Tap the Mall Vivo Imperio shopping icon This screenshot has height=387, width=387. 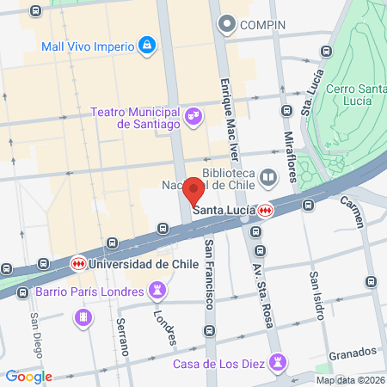click(x=147, y=44)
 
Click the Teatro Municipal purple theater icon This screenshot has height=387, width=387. click(x=193, y=114)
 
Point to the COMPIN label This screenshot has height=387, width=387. click(x=263, y=24)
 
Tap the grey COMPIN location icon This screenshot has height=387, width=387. click(x=227, y=24)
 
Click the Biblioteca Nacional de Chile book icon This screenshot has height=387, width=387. click(x=269, y=178)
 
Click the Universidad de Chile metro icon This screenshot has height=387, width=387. click(x=78, y=263)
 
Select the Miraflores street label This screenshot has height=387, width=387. click(x=292, y=149)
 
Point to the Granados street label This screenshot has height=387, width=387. click(x=353, y=352)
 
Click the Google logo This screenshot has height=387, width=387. click(x=29, y=375)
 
